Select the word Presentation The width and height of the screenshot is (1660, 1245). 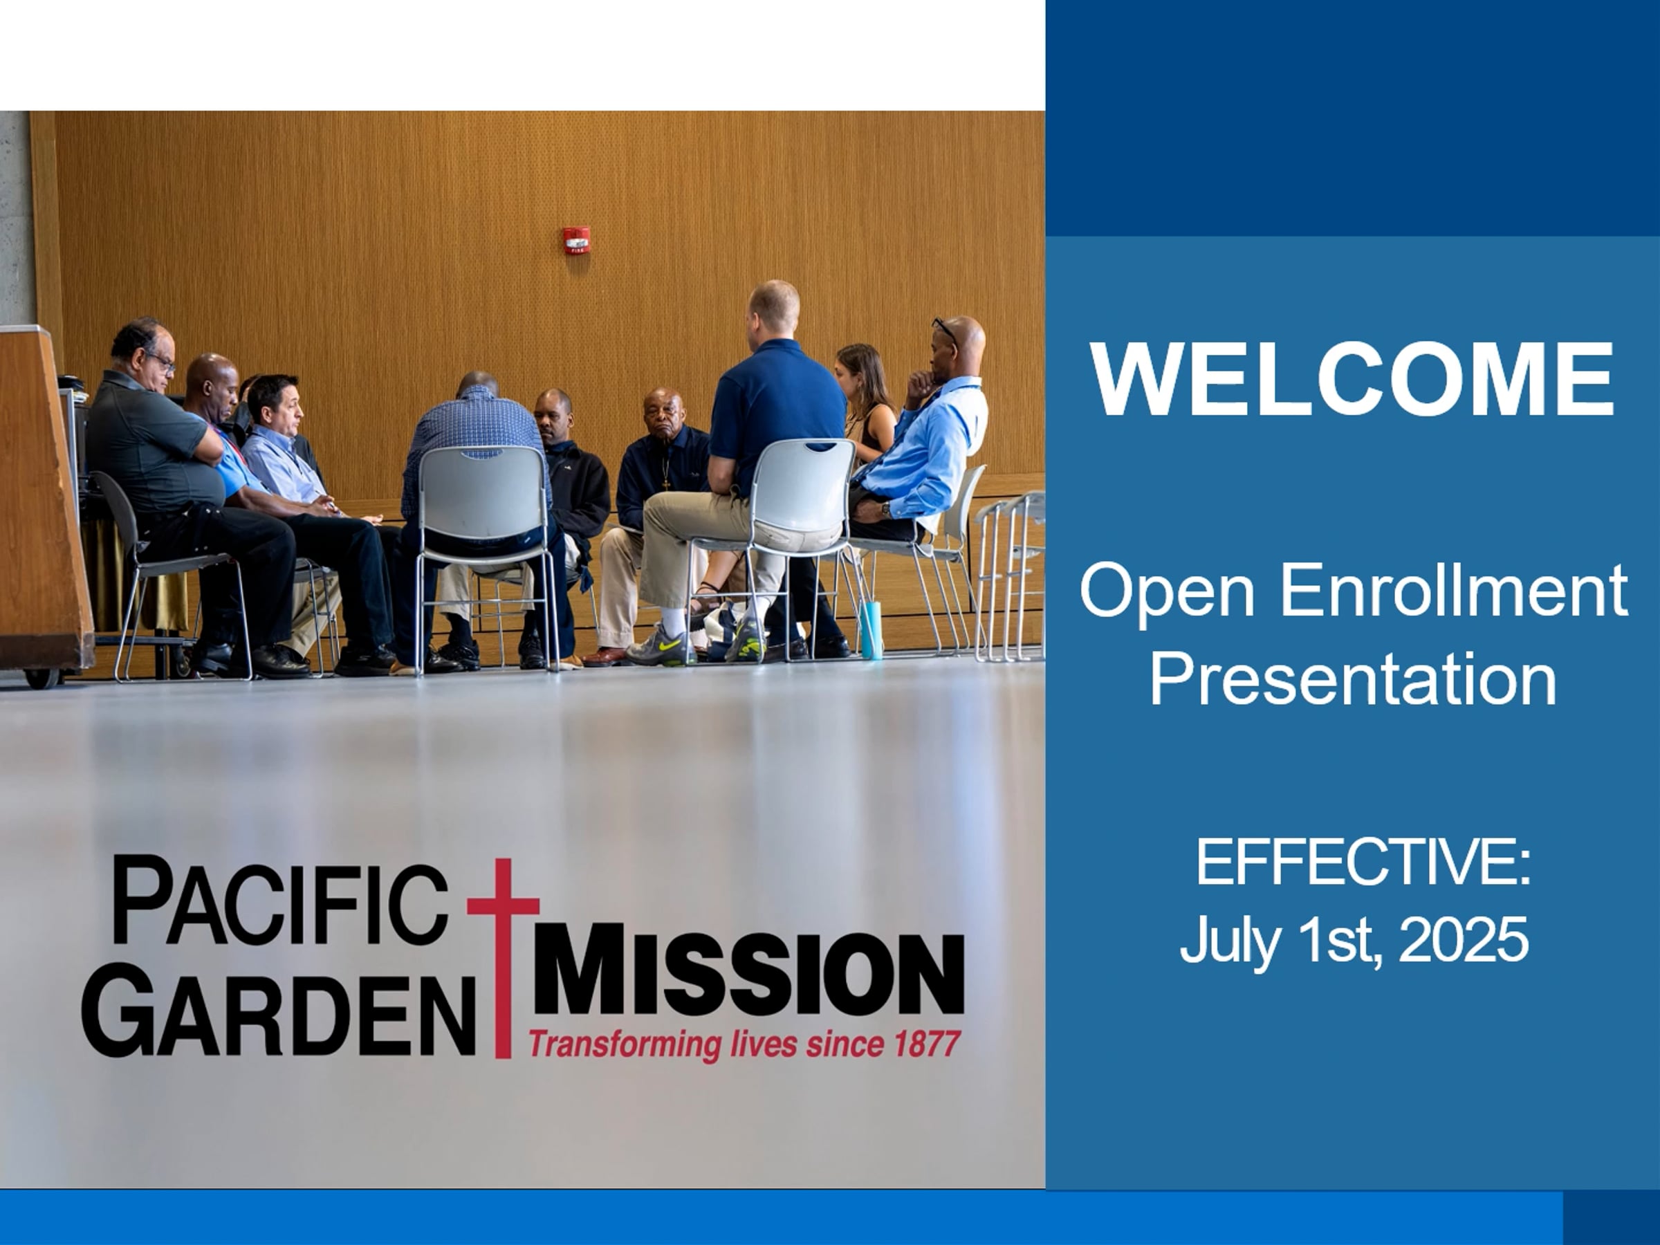pyautogui.click(x=1353, y=679)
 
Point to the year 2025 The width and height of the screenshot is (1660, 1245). pyautogui.click(x=1464, y=939)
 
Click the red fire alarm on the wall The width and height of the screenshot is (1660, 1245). pyautogui.click(x=576, y=240)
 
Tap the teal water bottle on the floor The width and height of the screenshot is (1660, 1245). pyautogui.click(x=871, y=629)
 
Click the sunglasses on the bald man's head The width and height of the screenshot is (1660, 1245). pyautogui.click(x=945, y=330)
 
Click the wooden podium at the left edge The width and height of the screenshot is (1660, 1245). pyautogui.click(x=44, y=499)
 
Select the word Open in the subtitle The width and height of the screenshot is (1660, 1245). pyautogui.click(x=1168, y=593)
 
